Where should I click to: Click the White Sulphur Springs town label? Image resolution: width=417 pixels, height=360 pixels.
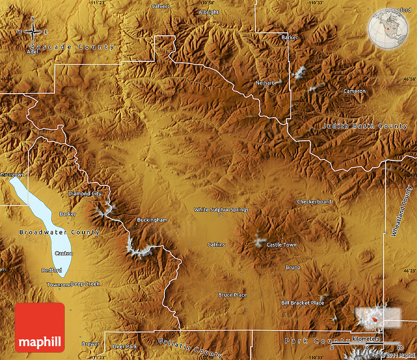coord(221,209)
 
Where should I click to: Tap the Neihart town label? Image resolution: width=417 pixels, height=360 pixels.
coord(265,83)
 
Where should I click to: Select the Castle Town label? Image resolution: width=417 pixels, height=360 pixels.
coord(281,245)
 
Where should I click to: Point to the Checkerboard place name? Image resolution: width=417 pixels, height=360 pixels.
coord(314,202)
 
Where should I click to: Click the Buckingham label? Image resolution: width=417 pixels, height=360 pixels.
coord(152,220)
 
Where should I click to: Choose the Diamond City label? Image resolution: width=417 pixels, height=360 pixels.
coord(84,193)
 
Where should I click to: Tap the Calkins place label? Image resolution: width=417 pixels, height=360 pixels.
coord(216,245)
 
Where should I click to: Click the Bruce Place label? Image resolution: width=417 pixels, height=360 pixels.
coord(233,295)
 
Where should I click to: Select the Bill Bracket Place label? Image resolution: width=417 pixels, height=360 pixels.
coord(302,303)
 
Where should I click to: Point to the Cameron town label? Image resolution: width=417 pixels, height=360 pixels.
coord(354,91)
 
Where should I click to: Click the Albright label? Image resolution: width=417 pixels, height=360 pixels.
coord(208,12)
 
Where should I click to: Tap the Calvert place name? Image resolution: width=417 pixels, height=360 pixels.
coord(160,6)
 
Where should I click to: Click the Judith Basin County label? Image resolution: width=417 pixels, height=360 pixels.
coord(365,126)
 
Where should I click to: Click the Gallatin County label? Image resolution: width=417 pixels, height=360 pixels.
coord(190,347)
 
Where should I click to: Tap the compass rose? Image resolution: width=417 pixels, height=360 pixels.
coord(33,32)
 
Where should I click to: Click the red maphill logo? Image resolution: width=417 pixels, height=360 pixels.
coord(40,327)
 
